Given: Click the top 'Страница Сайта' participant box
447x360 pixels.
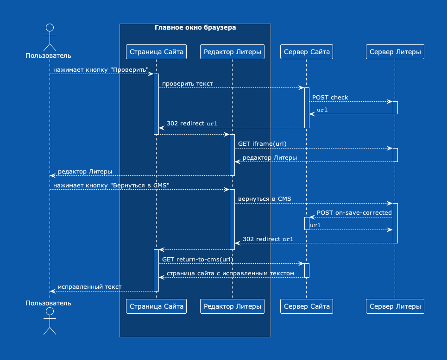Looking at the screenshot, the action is (156, 52).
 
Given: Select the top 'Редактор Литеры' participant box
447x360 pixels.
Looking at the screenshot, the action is (233, 52).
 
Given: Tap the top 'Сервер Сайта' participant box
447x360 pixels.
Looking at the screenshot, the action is (307, 52).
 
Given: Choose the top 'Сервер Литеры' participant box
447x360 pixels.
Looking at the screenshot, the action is (395, 52).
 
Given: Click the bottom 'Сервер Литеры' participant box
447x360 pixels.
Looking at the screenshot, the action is (395, 306).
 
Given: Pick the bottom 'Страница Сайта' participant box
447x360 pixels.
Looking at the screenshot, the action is (156, 306).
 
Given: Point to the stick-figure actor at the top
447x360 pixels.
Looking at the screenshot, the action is (50, 37).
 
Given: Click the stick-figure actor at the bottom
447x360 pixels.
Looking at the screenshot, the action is (50, 321).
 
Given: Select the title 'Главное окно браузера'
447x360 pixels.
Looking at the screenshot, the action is (195, 28).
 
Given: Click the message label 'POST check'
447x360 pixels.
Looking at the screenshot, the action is (330, 98).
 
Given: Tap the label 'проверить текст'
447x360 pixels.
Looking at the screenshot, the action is (187, 84).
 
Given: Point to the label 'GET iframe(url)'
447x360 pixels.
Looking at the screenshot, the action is (262, 144).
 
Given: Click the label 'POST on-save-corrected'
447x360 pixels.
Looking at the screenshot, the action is (354, 213).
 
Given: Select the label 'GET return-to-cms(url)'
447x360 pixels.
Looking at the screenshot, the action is (197, 260).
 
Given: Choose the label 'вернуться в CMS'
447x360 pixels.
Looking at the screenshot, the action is (264, 199).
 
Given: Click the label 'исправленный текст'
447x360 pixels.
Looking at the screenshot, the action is (89, 287).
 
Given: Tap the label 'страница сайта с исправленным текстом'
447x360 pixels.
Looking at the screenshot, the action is (230, 273).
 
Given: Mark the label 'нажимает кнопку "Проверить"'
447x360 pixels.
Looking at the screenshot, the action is (101, 70).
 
